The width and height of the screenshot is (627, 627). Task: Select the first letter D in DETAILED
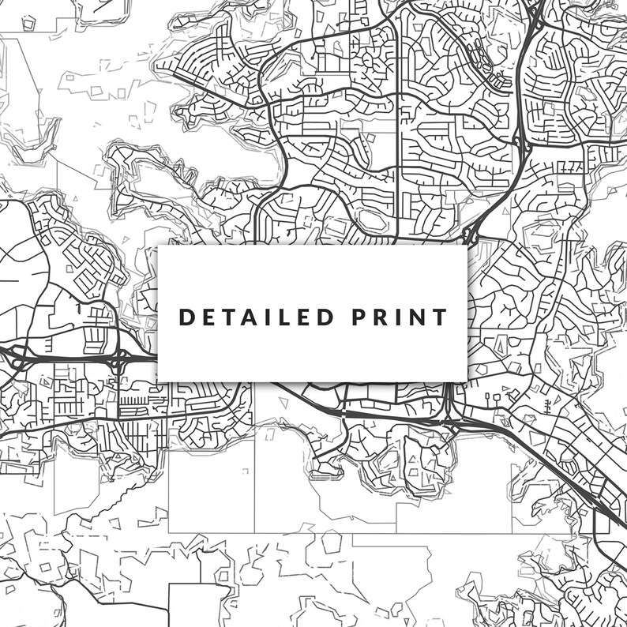point(187,317)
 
